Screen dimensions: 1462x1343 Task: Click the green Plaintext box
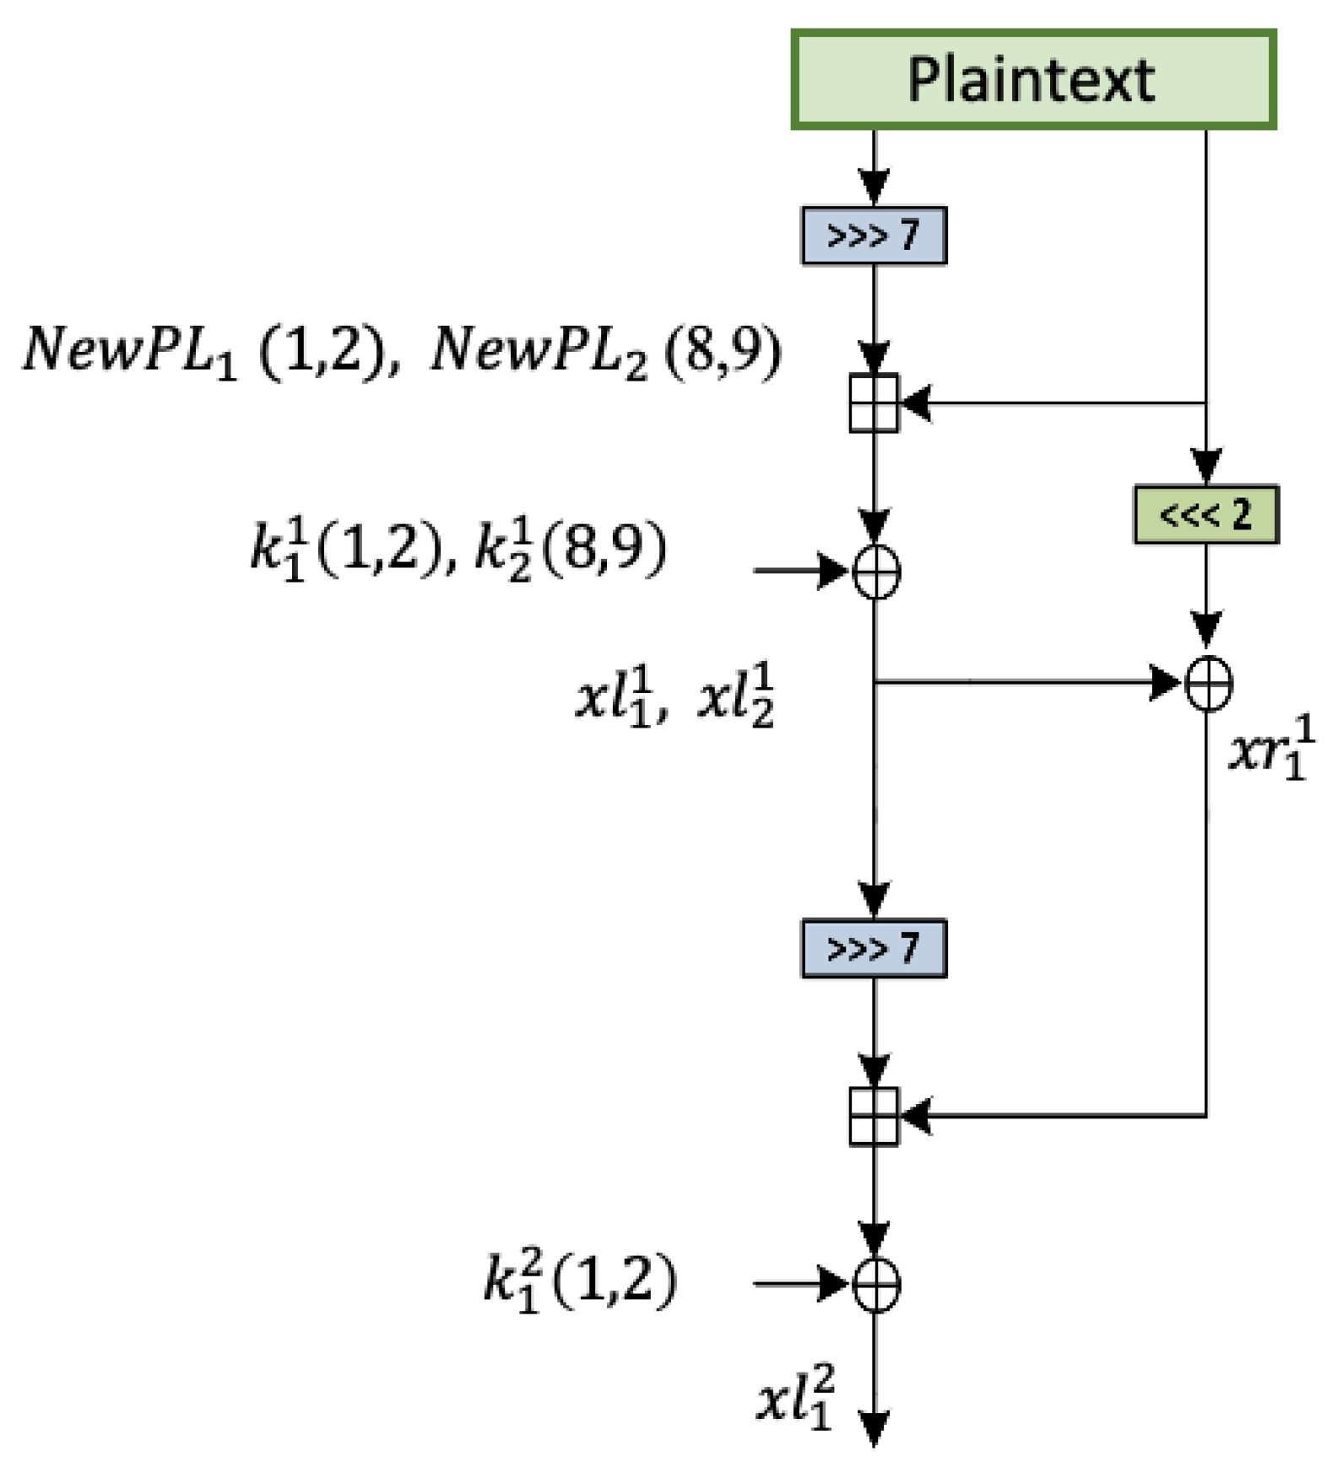[x=1032, y=80]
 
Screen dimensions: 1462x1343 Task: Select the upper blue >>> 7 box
[x=873, y=236]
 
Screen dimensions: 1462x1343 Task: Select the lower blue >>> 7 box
[x=873, y=948]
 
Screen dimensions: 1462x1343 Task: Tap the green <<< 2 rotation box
[x=1205, y=514]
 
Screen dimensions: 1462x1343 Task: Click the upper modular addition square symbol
[x=874, y=403]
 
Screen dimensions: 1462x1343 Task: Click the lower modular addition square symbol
[x=874, y=1116]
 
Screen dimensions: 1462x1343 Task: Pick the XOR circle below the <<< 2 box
[x=1209, y=683]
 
